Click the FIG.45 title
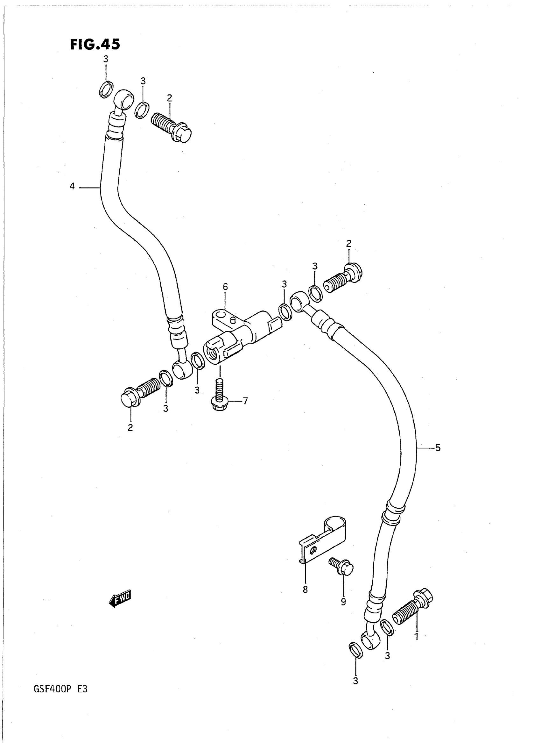click(95, 44)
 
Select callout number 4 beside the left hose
click(72, 187)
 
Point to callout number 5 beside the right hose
click(438, 448)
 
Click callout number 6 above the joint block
click(225, 287)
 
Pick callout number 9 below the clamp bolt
click(343, 602)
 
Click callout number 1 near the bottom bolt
click(417, 637)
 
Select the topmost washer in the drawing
click(106, 89)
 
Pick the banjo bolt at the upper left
click(171, 127)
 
